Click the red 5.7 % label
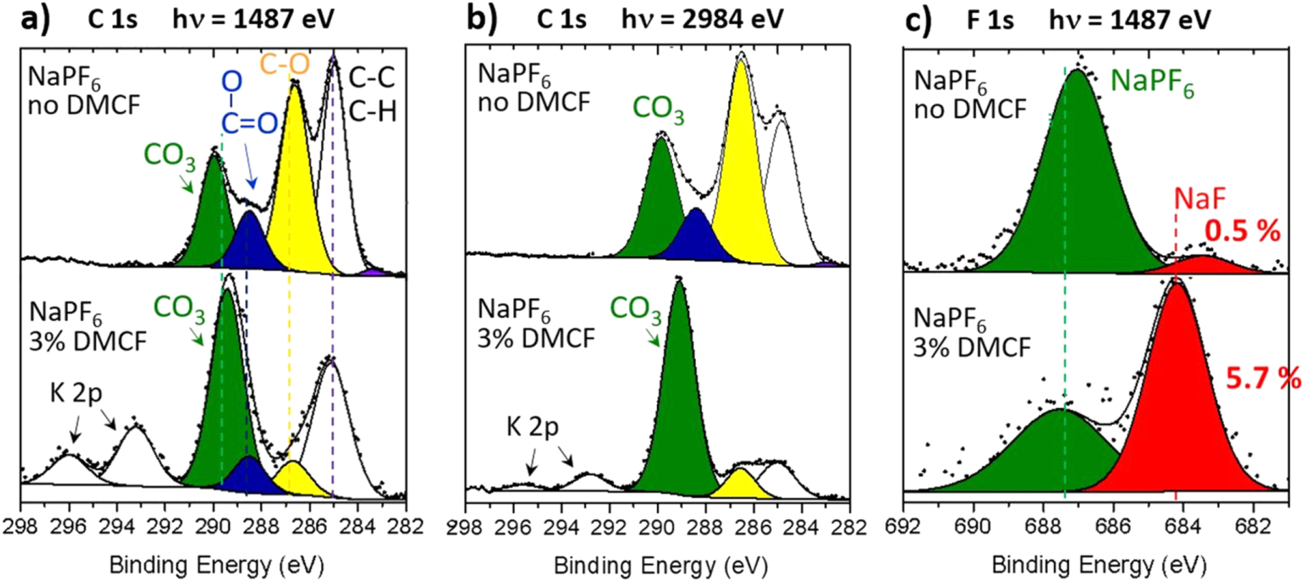[x=1262, y=378]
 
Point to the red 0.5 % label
[x=1242, y=231]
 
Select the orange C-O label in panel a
[x=284, y=65]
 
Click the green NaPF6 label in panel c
[x=1152, y=83]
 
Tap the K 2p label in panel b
[x=532, y=427]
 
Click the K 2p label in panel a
[x=76, y=393]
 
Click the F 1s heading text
[x=990, y=19]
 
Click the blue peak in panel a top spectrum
[x=249, y=244]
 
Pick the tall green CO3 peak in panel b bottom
[x=678, y=401]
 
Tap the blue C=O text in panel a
[x=249, y=123]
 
